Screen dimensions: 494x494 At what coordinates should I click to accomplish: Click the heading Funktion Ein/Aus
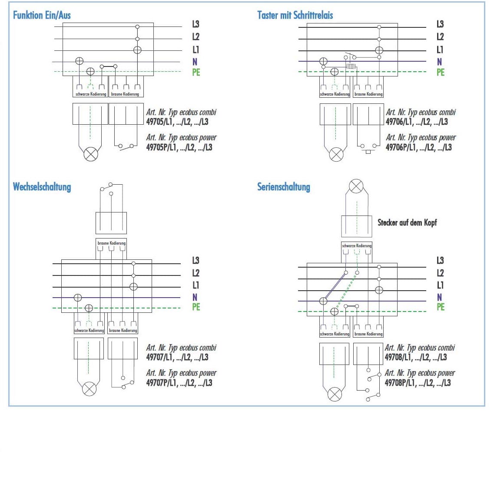(42, 15)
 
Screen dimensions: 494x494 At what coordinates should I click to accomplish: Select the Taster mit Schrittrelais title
(295, 15)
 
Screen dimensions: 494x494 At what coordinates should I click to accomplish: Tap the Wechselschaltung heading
(42, 187)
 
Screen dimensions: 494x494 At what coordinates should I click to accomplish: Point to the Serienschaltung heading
(284, 187)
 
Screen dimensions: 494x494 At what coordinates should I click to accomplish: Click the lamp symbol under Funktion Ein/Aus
(90, 154)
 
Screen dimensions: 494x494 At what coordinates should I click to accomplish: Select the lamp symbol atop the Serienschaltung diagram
(356, 187)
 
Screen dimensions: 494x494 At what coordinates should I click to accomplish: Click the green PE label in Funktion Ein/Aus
(196, 72)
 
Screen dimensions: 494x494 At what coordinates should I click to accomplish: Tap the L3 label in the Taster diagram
(440, 24)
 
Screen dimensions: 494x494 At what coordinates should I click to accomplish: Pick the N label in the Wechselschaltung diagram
(195, 297)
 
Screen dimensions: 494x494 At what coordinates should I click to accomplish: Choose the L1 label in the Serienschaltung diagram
(440, 285)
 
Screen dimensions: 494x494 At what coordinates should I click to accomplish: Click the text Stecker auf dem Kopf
(407, 222)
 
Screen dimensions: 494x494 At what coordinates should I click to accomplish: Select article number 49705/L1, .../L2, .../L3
(177, 122)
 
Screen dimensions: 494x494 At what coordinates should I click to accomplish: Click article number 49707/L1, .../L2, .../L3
(177, 358)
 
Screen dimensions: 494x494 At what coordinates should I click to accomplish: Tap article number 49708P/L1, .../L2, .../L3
(418, 383)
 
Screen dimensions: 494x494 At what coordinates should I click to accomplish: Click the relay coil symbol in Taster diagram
(351, 66)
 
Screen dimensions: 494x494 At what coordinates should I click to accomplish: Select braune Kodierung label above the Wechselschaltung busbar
(111, 243)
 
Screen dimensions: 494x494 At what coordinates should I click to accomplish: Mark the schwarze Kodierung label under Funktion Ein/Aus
(90, 94)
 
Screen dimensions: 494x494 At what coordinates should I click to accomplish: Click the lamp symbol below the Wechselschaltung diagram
(89, 388)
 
